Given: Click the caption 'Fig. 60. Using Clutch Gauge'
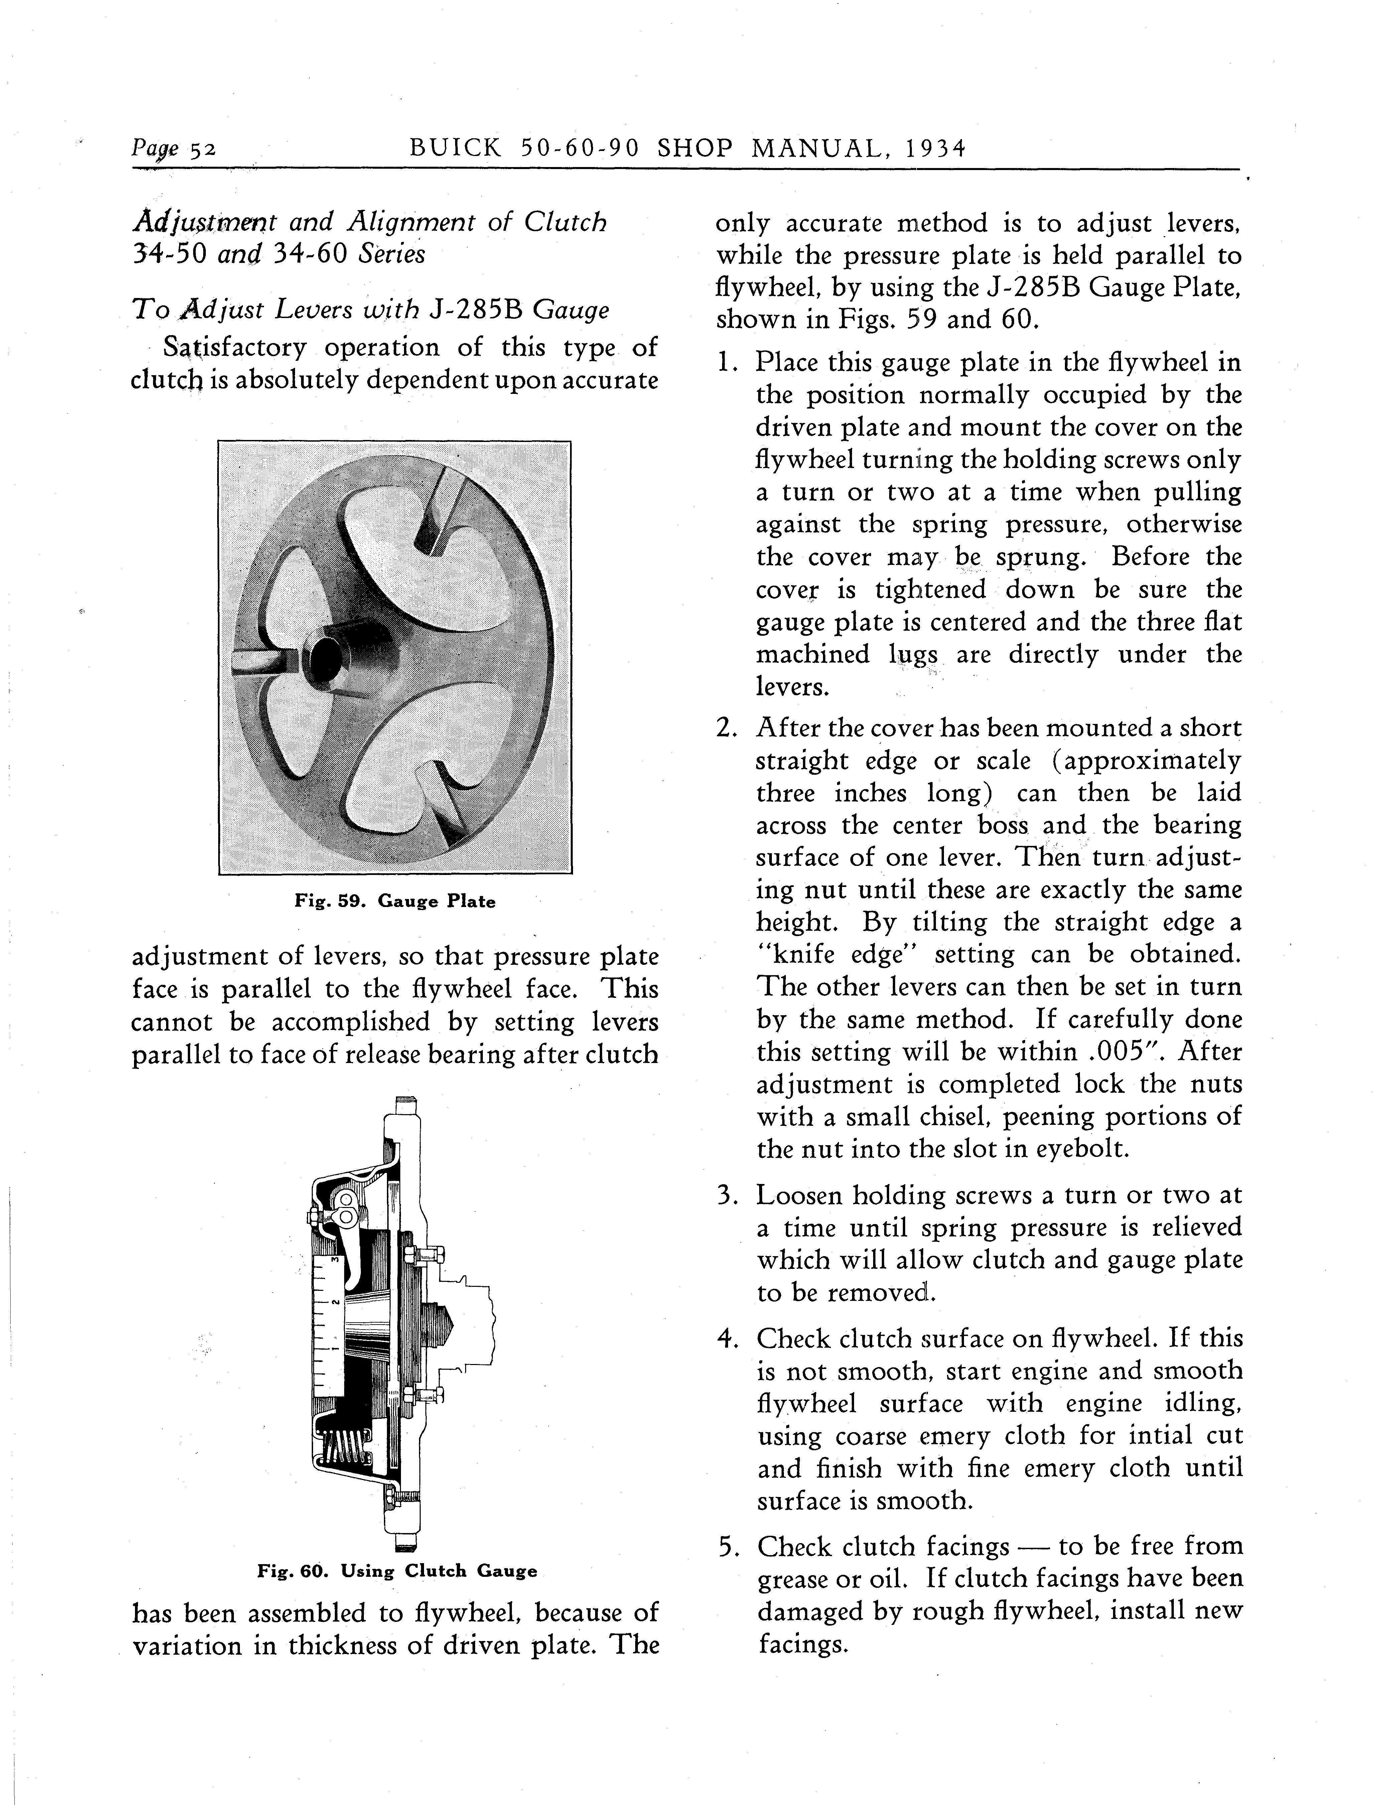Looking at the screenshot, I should click(x=397, y=1570).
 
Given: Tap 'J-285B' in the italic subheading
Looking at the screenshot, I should click(x=476, y=310).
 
